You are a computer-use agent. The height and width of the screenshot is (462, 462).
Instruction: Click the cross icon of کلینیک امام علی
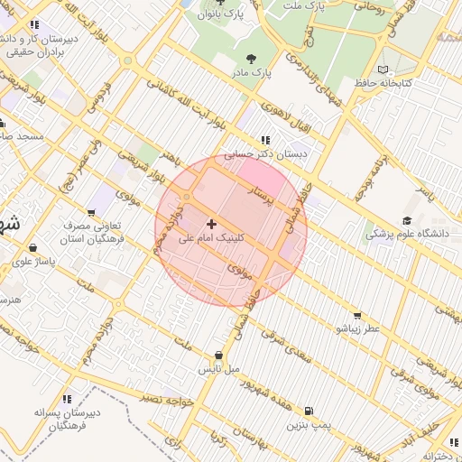pyautogui.click(x=212, y=223)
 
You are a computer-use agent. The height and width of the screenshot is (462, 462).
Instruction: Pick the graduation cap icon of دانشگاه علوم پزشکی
pyautogui.click(x=407, y=219)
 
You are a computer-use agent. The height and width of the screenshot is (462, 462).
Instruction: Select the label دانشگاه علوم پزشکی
pyautogui.click(x=406, y=234)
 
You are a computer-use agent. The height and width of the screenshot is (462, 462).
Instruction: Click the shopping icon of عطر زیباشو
pyautogui.click(x=358, y=315)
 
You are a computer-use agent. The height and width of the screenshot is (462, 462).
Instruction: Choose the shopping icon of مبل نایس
pyautogui.click(x=219, y=356)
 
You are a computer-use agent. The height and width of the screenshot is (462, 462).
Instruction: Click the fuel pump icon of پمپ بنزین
pyautogui.click(x=311, y=409)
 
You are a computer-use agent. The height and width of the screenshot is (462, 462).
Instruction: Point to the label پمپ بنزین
pyautogui.click(x=310, y=423)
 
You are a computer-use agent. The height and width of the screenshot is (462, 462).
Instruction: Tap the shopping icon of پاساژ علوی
pyautogui.click(x=33, y=247)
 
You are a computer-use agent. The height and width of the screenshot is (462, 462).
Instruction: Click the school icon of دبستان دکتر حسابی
pyautogui.click(x=265, y=140)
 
